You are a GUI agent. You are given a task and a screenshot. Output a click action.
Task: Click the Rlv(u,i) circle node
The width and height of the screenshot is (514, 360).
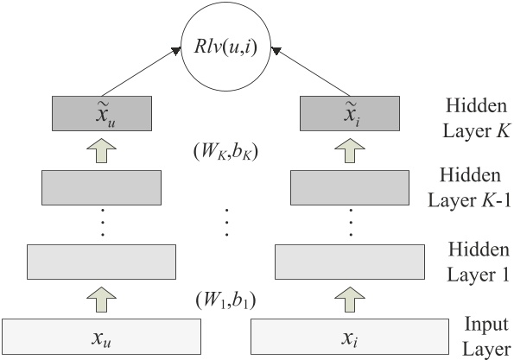[x=225, y=43]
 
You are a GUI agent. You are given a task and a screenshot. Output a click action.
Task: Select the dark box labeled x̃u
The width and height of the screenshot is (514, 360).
[x=102, y=113]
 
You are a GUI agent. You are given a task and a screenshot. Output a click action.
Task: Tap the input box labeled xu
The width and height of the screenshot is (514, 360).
[x=102, y=335]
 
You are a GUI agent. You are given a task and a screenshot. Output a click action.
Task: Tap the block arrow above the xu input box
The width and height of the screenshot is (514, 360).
[x=102, y=299]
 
